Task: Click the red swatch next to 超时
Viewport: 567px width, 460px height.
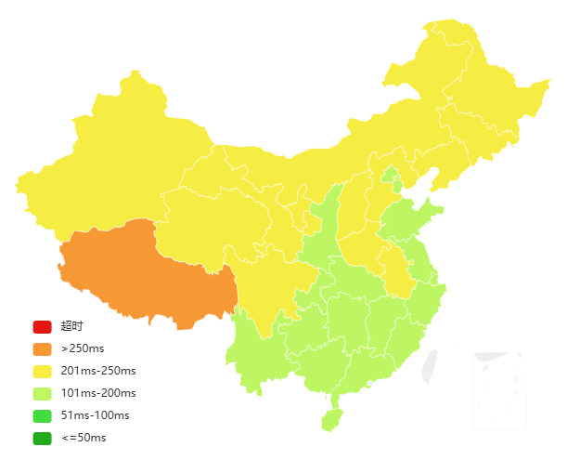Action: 42,327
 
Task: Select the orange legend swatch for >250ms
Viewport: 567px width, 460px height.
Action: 42,349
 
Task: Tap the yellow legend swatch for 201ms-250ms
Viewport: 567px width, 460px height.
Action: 42,372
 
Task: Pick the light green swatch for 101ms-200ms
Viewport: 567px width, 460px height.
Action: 42,394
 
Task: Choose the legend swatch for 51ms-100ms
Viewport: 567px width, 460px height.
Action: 42,416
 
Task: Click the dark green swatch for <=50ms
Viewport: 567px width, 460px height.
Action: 42,439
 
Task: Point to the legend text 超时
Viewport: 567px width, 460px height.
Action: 71,327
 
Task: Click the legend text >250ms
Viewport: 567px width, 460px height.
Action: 82,349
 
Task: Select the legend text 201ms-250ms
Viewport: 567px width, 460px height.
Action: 97,372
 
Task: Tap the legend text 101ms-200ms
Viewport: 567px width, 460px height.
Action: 97,394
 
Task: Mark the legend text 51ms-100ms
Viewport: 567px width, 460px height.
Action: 95,416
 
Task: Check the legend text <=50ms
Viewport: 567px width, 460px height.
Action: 84,439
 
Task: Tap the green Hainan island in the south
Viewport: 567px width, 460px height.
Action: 331,419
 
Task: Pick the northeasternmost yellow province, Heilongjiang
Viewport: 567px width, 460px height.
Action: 473,84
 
